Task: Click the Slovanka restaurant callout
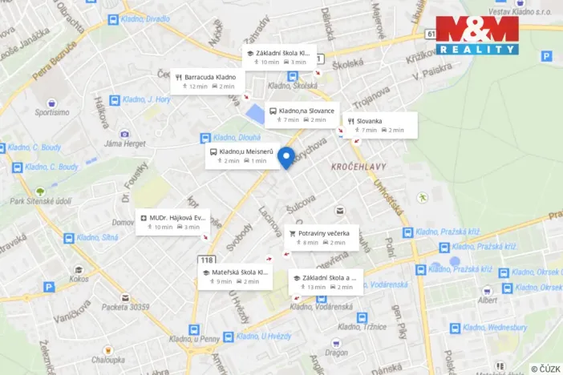tap(380, 125)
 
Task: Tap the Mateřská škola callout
tap(236, 276)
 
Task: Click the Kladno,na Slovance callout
tap(302, 115)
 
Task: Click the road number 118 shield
tap(207, 260)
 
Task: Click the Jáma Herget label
tap(124, 143)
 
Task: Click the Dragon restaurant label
tap(336, 352)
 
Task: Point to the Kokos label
tap(79, 279)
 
